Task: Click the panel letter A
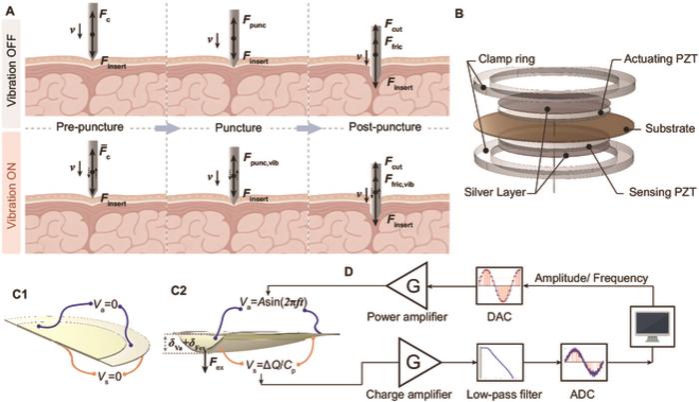[x=8, y=9]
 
